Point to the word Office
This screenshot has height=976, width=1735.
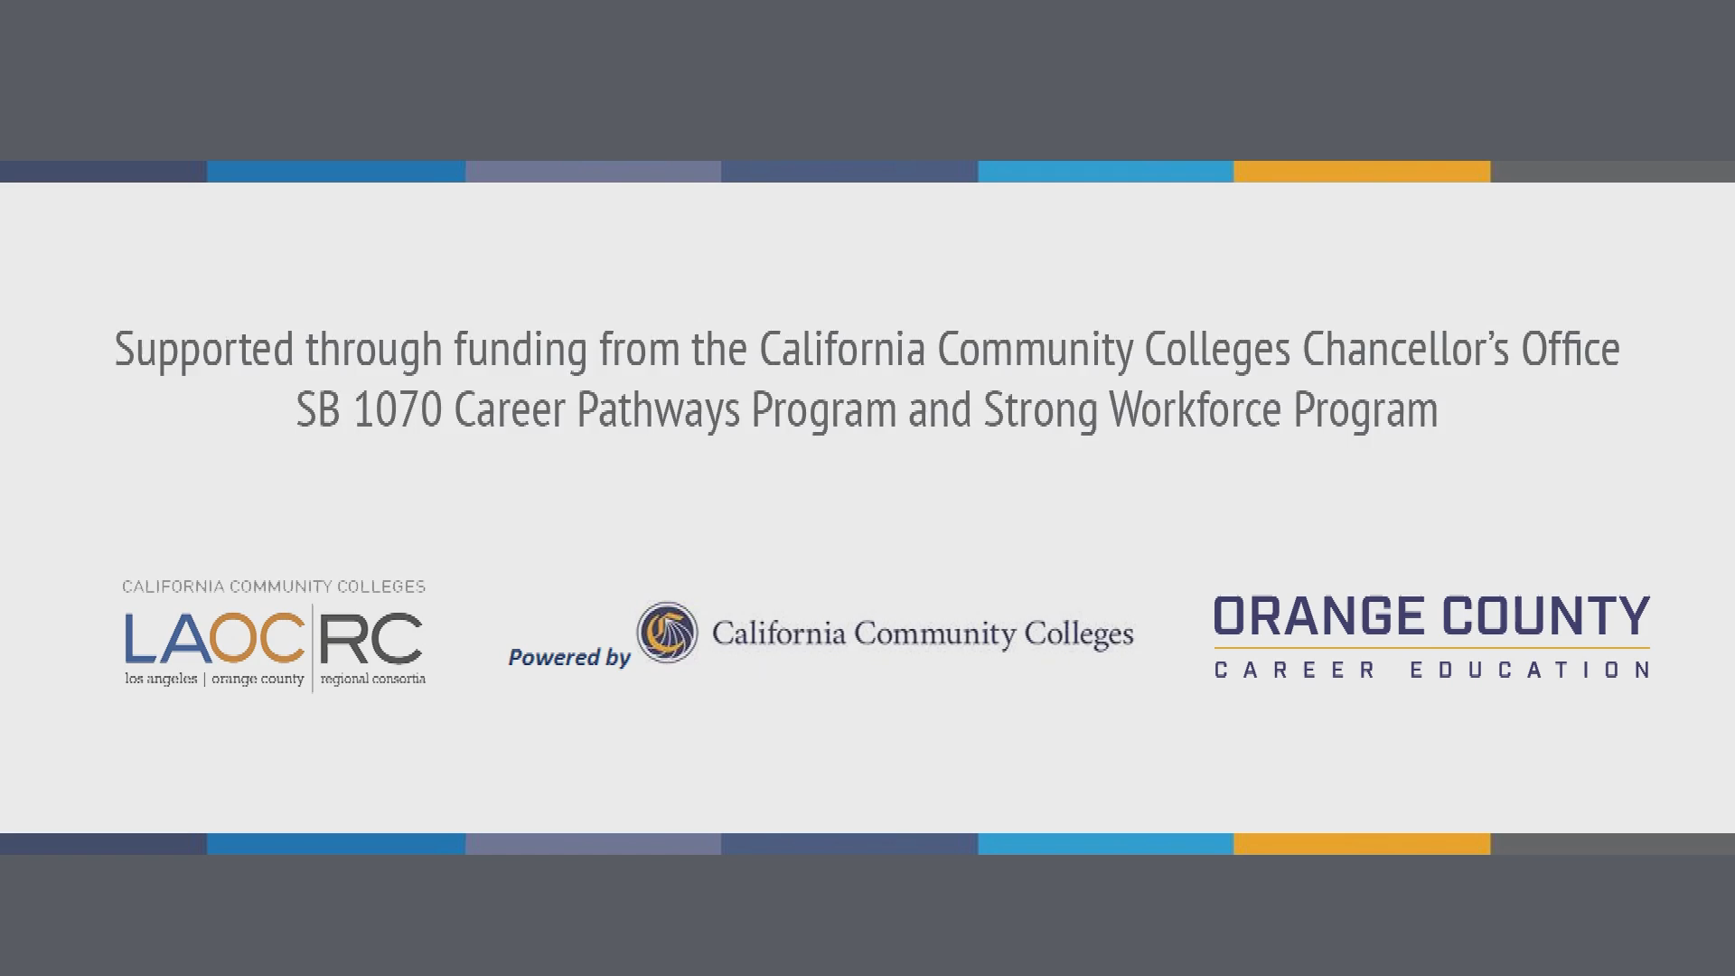pyautogui.click(x=1571, y=349)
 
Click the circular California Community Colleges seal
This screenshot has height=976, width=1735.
pyautogui.click(x=668, y=633)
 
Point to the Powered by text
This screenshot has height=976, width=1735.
pyautogui.click(x=569, y=658)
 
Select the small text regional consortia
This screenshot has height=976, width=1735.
pyautogui.click(x=372, y=679)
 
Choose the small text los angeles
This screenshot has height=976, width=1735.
pyautogui.click(x=161, y=679)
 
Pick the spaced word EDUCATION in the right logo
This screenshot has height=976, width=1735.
pyautogui.click(x=1531, y=670)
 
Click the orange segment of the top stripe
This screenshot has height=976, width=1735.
pyautogui.click(x=1362, y=172)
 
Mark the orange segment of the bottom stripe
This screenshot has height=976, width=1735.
pyautogui.click(x=1362, y=844)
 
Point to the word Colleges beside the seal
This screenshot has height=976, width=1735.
pyautogui.click(x=1077, y=634)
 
